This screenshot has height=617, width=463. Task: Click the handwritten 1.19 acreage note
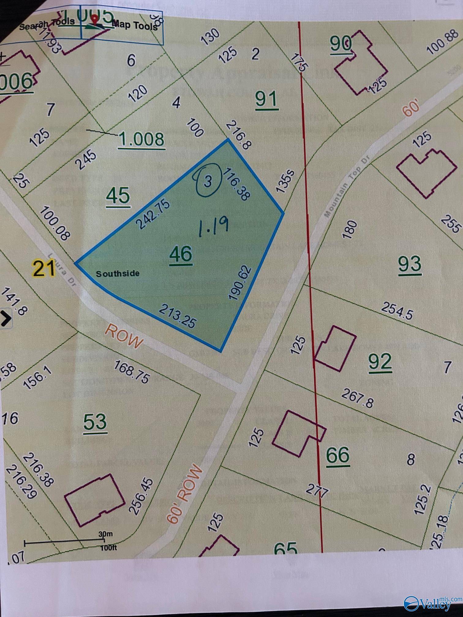click(x=213, y=227)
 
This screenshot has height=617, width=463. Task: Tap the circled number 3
click(x=208, y=181)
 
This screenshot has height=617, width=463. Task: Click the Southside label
click(x=118, y=274)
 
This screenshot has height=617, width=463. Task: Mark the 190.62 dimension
click(x=240, y=283)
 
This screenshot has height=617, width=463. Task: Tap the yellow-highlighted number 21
click(x=44, y=268)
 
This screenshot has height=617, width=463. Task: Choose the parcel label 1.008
click(x=142, y=139)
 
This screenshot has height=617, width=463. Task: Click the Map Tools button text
click(x=135, y=25)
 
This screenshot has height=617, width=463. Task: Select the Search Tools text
click(x=47, y=24)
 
